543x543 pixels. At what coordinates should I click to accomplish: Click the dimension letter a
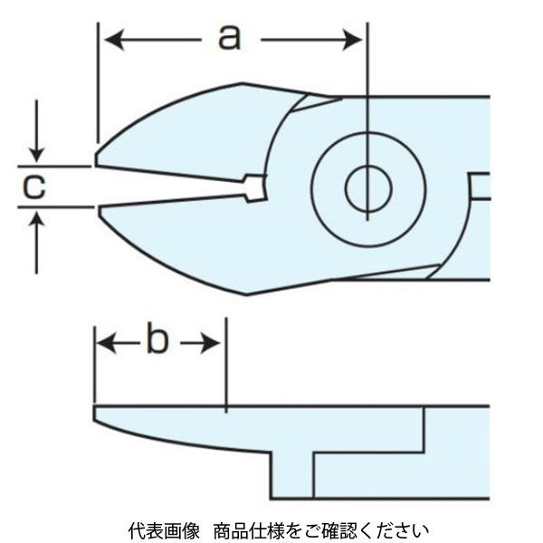[230, 37]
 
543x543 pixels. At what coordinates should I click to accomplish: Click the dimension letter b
[157, 342]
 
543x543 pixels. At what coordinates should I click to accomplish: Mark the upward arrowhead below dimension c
[35, 218]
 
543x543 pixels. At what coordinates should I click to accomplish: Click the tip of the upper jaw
[98, 163]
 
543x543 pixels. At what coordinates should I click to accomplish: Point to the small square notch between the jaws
[255, 187]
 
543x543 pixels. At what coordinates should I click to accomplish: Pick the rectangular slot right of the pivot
[480, 186]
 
